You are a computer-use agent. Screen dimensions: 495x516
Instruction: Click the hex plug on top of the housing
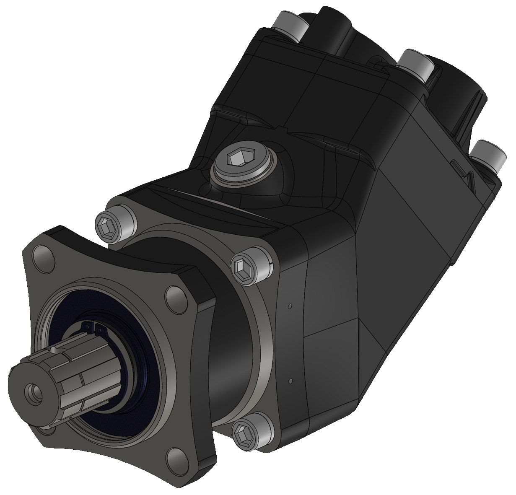(x=234, y=159)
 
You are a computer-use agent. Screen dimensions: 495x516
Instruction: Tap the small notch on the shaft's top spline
(x=56, y=349)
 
